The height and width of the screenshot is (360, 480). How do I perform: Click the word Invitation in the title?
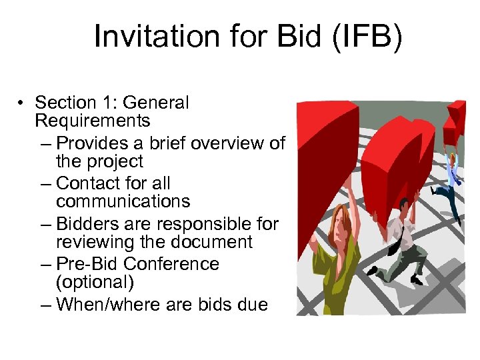tap(156, 37)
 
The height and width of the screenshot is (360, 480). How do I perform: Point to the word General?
tap(157, 103)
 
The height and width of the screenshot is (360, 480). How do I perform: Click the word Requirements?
tap(93, 121)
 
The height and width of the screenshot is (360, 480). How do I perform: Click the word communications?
tap(123, 201)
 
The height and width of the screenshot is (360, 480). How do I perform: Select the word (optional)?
tap(95, 282)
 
